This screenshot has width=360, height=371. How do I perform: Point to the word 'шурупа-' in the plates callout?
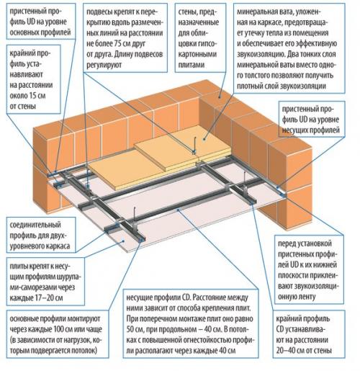pos(81,274)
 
